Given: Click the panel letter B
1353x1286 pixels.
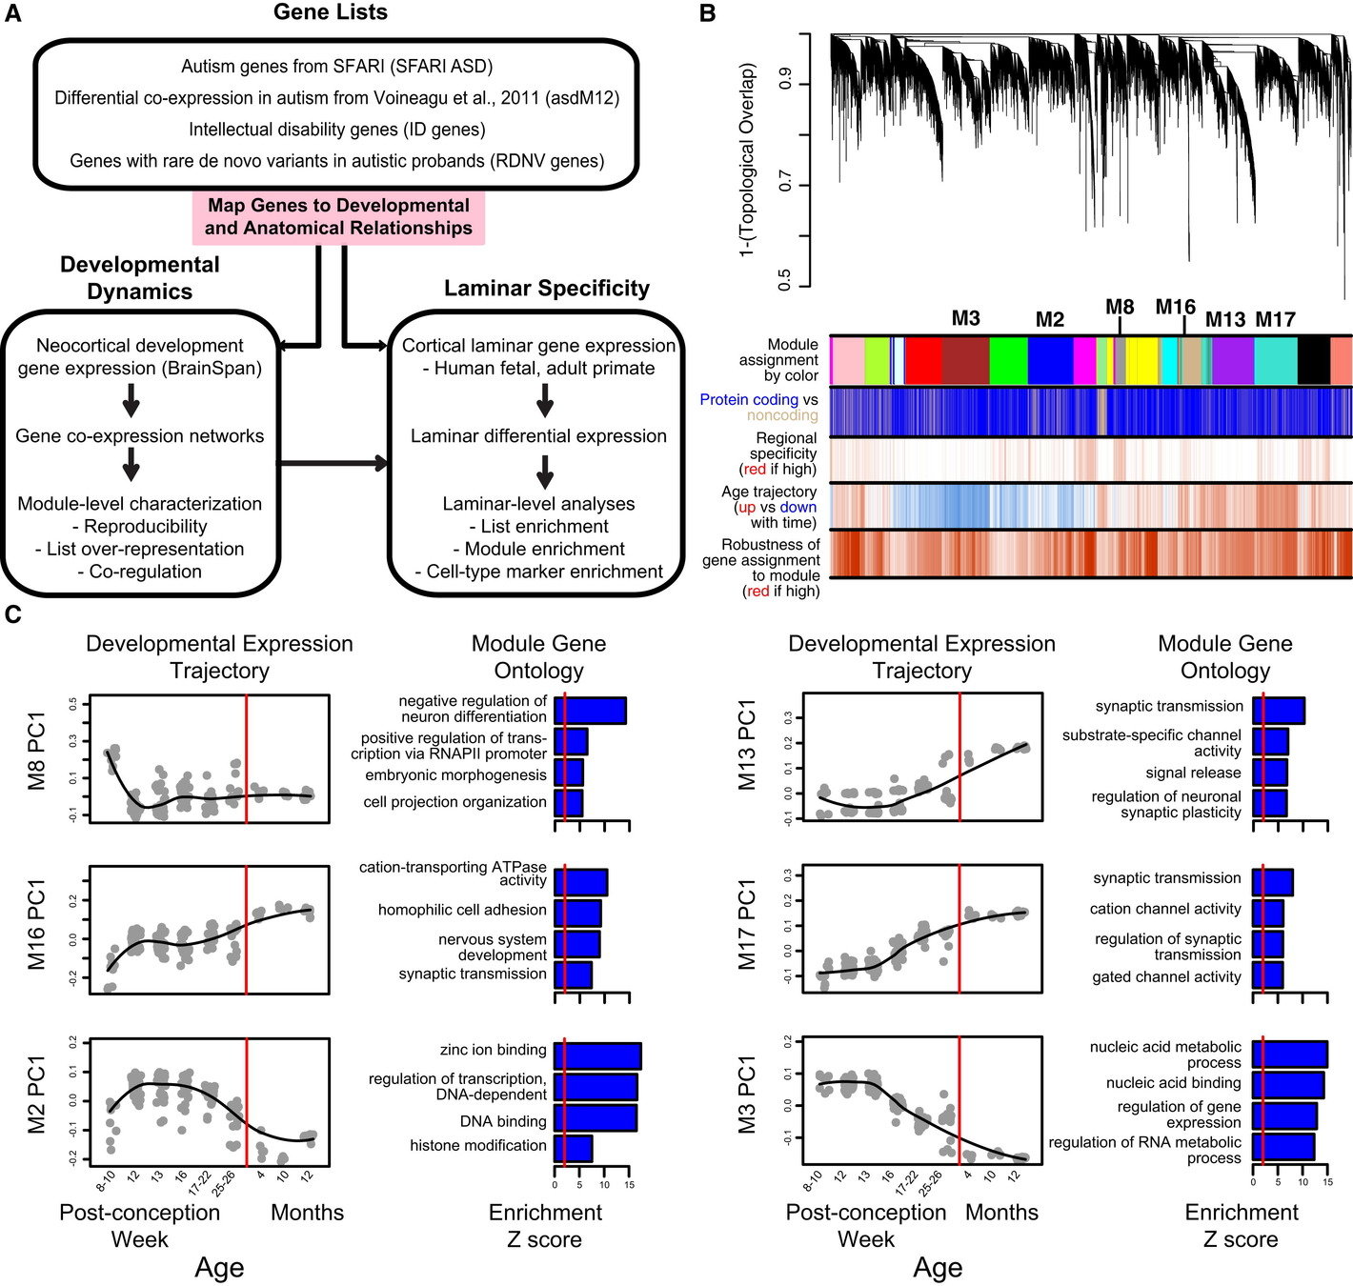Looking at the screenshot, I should (x=707, y=13).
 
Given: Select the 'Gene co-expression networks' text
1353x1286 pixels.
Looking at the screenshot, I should (x=139, y=436).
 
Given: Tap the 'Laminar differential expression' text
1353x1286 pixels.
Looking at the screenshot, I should (x=538, y=436).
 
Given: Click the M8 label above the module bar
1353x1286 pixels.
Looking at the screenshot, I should (x=1120, y=307).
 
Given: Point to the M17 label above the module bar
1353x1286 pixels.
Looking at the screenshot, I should (x=1275, y=320).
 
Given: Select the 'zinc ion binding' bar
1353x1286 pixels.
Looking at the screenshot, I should (x=597, y=1056).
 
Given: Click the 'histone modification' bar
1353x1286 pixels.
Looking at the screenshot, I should (x=573, y=1148).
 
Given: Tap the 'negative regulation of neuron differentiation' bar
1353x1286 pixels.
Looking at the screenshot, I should (x=590, y=711).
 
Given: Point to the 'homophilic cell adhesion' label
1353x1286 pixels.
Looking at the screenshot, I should (x=462, y=910).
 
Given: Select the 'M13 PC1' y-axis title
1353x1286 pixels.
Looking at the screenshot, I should (x=747, y=745).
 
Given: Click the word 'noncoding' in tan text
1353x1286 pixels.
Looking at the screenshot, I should (x=782, y=415).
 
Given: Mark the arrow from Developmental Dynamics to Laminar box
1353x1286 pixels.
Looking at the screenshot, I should (x=333, y=464).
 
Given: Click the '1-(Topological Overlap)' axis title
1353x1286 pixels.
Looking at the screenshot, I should (x=747, y=160).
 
